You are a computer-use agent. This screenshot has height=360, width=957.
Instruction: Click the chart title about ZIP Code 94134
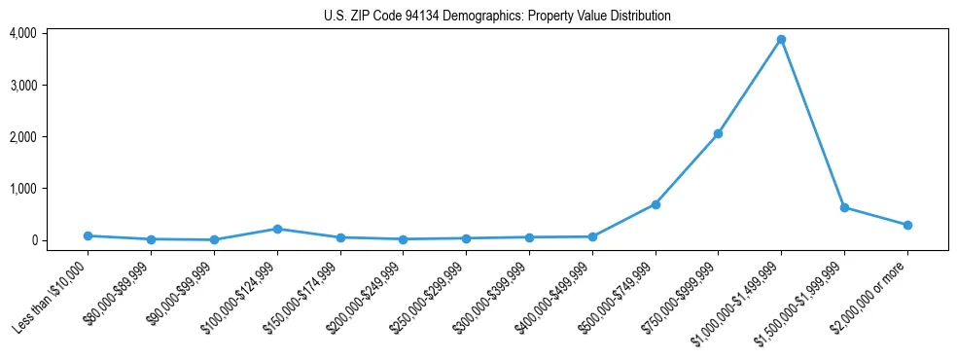(497, 16)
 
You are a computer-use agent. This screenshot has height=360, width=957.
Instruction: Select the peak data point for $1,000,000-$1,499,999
(781, 40)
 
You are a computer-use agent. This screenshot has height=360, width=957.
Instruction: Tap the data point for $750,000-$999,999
(718, 133)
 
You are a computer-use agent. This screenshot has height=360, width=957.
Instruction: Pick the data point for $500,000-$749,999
(656, 204)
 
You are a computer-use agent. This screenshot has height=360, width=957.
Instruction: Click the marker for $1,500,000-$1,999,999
(844, 207)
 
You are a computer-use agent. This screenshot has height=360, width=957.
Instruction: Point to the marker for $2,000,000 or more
(907, 225)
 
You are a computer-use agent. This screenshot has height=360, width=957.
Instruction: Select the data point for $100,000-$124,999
(277, 229)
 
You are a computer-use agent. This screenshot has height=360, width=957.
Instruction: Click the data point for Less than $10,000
(88, 235)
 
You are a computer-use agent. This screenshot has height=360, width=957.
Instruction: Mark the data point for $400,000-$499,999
(592, 236)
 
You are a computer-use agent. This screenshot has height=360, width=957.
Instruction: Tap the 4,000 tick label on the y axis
(23, 33)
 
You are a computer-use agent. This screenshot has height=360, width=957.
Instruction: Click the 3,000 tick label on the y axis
(23, 85)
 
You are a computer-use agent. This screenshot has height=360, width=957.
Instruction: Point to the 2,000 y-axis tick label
(23, 136)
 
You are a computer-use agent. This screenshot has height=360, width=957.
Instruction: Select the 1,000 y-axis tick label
(23, 188)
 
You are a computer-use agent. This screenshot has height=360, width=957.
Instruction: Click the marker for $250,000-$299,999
(466, 238)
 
